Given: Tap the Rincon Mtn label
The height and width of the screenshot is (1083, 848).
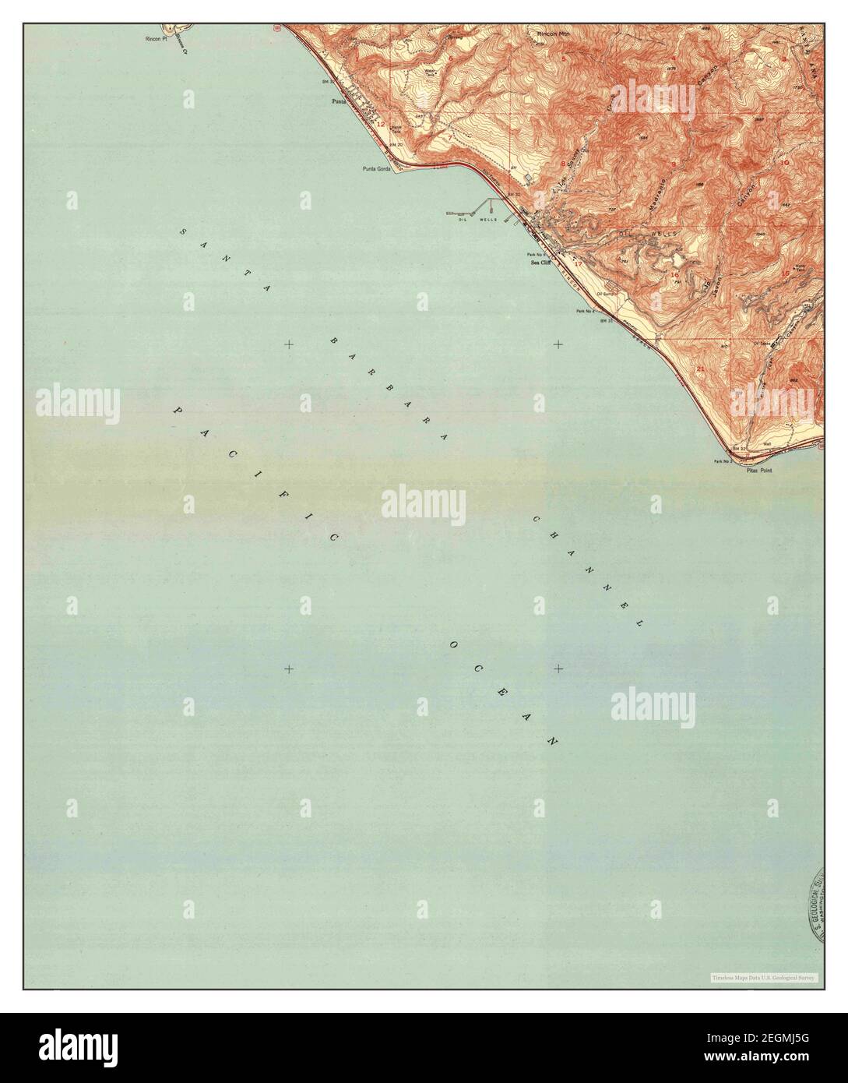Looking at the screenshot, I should coord(554,34).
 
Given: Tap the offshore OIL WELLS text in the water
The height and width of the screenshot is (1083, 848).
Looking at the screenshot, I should coord(477,220).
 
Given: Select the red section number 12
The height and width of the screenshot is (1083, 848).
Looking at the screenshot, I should coord(381,124).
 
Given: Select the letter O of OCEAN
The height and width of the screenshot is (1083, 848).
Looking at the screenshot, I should coord(452,644).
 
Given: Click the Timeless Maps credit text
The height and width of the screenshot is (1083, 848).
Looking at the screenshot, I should coord(763,977).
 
